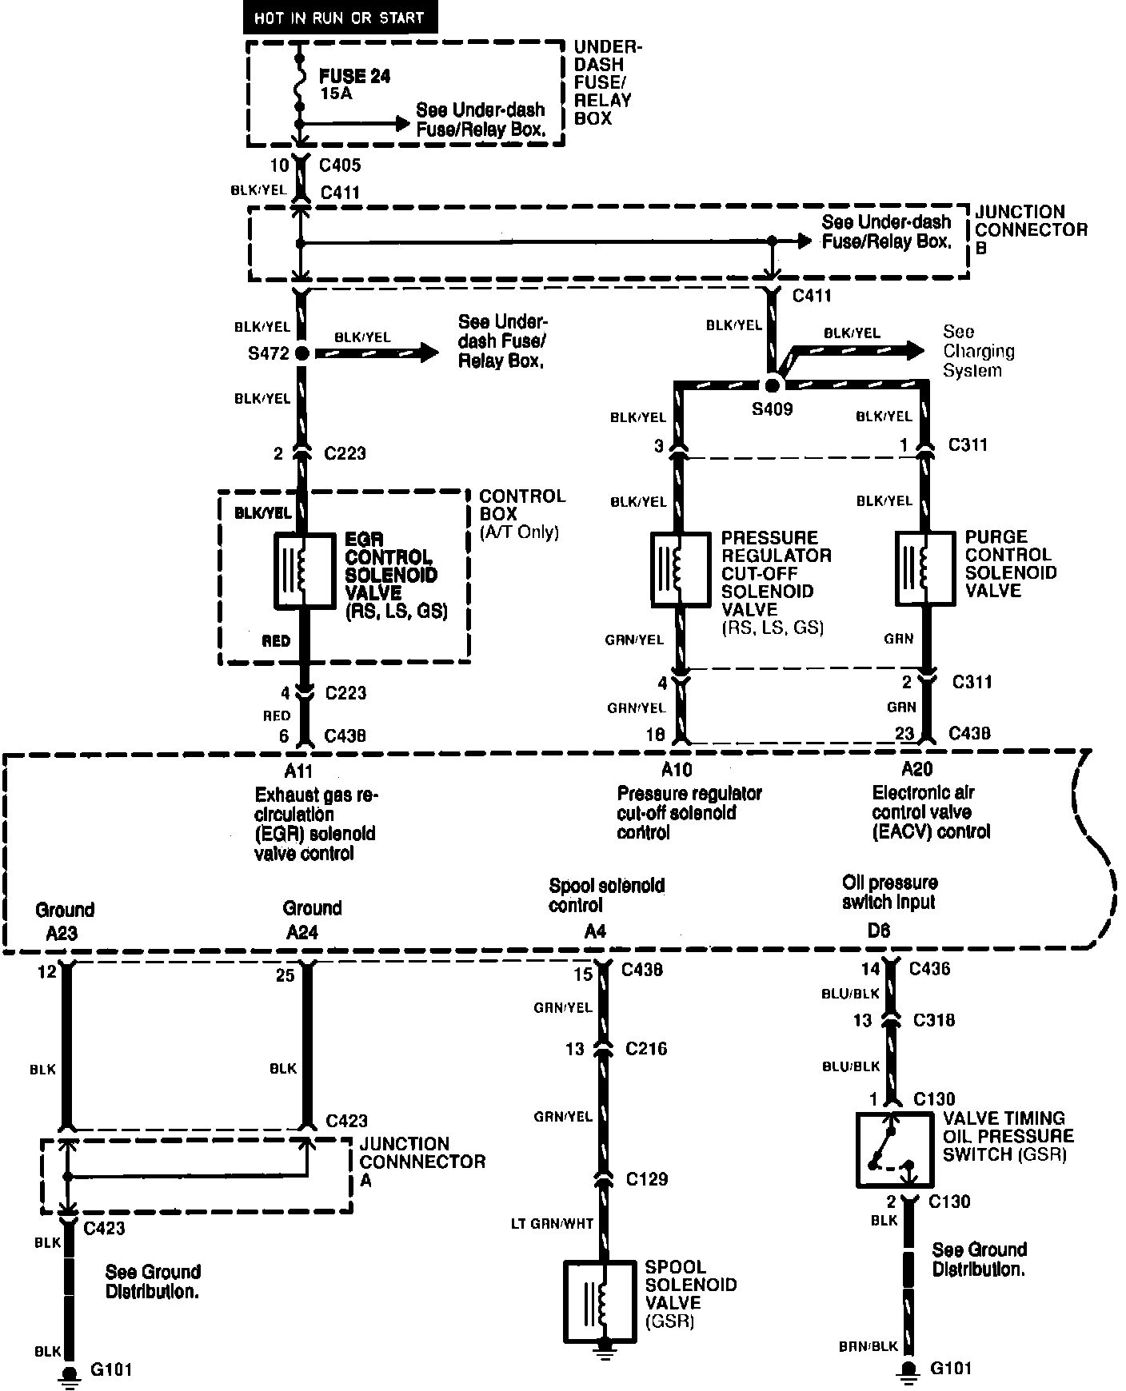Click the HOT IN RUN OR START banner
340,18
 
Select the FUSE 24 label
355,76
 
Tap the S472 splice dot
302,353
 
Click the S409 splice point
772,385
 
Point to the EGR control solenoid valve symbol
304,569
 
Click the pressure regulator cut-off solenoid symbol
680,568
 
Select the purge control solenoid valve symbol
925,568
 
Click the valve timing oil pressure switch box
893,1150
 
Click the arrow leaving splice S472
376,353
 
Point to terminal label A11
298,771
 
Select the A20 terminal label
916,769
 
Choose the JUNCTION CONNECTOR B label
1032,229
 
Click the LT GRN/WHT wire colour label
553,1224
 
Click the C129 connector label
647,1179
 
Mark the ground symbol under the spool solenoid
605,1353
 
